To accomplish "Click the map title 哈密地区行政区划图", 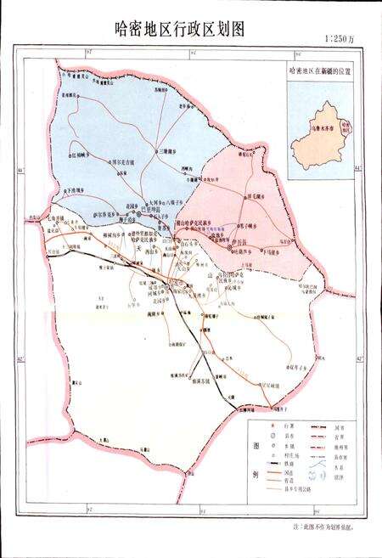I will (179, 28).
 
